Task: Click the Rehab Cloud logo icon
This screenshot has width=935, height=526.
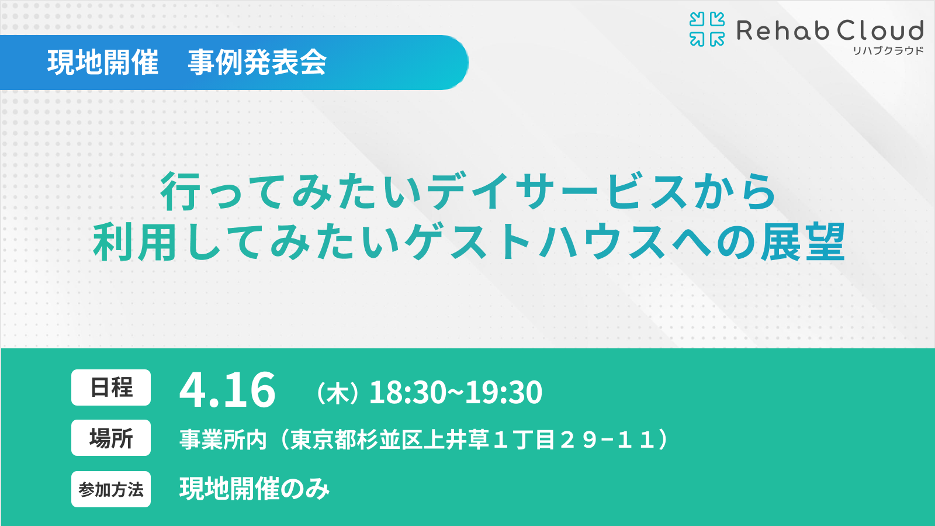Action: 707,29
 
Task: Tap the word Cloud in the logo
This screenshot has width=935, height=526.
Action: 880,30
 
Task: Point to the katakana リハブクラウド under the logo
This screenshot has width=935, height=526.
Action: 888,51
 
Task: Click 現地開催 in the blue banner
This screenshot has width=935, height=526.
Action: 103,63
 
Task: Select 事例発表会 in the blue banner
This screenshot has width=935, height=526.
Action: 257,63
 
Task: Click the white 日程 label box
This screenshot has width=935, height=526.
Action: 111,387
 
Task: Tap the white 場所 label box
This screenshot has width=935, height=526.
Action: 111,438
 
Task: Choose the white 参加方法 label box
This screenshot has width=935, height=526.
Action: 111,489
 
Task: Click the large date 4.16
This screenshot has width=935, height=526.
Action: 227,390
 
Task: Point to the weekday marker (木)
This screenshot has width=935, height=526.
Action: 338,393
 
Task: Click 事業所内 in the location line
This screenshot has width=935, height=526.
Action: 223,440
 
